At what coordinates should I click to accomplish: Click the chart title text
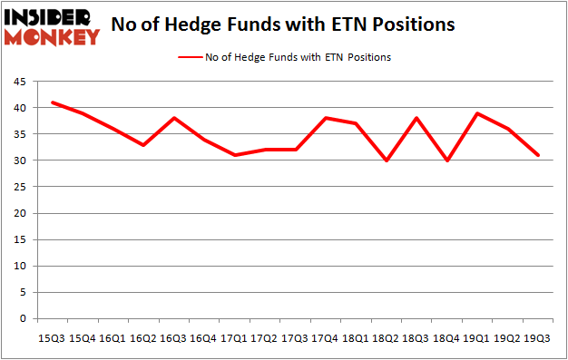[282, 25]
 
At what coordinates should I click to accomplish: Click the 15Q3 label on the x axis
[51, 338]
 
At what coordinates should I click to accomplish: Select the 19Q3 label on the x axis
[538, 338]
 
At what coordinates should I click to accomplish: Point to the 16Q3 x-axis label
[172, 338]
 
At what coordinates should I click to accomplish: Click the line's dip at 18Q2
[386, 161]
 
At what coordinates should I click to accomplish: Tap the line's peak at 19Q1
[477, 113]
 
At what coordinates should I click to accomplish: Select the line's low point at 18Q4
[446, 161]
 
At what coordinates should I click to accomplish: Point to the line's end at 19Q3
[538, 155]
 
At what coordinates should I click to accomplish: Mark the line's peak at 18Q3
[416, 118]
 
